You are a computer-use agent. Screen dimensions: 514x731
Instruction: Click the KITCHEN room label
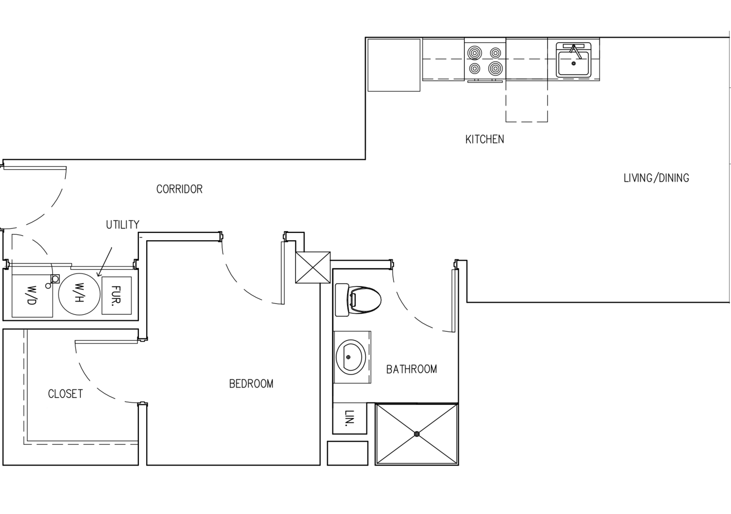[x=484, y=139]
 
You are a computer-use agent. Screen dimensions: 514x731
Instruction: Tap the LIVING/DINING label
[x=656, y=178]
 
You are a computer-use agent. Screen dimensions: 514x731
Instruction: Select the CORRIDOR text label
[x=179, y=189]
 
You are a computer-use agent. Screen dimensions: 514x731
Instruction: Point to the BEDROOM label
[x=251, y=384]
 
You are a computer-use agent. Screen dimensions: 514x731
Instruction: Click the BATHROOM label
[x=411, y=369]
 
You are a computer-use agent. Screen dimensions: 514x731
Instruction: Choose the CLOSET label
[x=65, y=394]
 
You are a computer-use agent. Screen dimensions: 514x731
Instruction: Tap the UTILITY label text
[x=122, y=225]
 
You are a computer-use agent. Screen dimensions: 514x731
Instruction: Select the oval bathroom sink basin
[x=350, y=357]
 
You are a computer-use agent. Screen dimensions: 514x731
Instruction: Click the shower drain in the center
[x=417, y=434]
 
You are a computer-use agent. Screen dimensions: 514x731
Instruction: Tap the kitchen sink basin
[x=574, y=63]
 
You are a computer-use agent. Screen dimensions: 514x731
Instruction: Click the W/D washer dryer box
[x=32, y=295]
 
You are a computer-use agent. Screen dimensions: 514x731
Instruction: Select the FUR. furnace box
[x=116, y=296]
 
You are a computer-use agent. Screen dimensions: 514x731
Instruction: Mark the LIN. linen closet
[x=349, y=418]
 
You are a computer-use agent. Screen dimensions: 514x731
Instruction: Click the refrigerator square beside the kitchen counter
[x=394, y=65]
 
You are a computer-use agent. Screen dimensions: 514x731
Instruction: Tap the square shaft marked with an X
[x=313, y=267]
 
